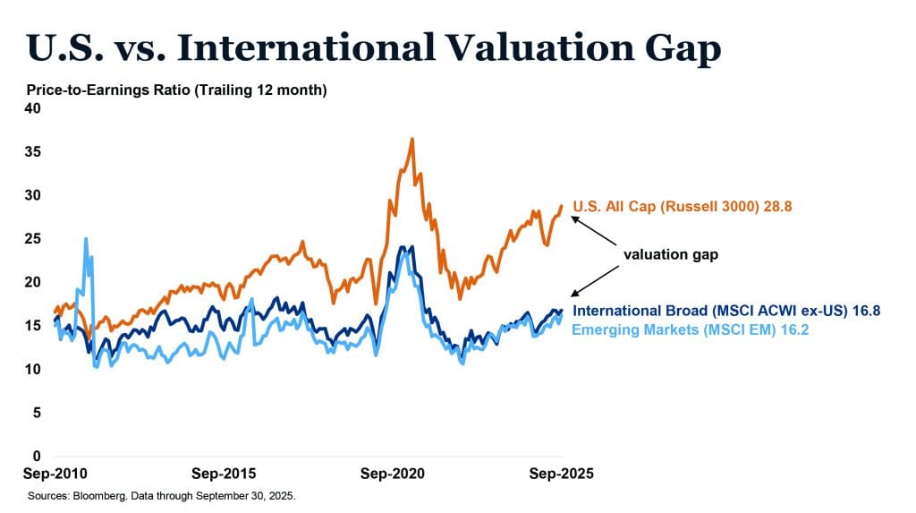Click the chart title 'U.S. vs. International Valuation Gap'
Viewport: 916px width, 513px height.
tap(374, 48)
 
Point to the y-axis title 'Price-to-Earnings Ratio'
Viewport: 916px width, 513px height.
tap(176, 90)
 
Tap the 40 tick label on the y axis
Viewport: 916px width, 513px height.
tap(34, 108)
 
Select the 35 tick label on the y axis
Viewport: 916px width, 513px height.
tap(34, 152)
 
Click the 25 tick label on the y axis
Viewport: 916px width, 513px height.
tap(34, 239)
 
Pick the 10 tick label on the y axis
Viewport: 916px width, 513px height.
tap(34, 369)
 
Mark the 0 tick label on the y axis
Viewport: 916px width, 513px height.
tap(38, 456)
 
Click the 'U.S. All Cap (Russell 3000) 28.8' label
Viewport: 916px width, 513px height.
tap(683, 207)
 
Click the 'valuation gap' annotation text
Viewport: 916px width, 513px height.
tap(671, 255)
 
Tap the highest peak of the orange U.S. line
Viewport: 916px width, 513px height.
tap(411, 140)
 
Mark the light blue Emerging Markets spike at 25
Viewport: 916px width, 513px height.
tap(86, 239)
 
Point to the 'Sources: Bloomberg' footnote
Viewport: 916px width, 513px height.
tap(161, 495)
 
